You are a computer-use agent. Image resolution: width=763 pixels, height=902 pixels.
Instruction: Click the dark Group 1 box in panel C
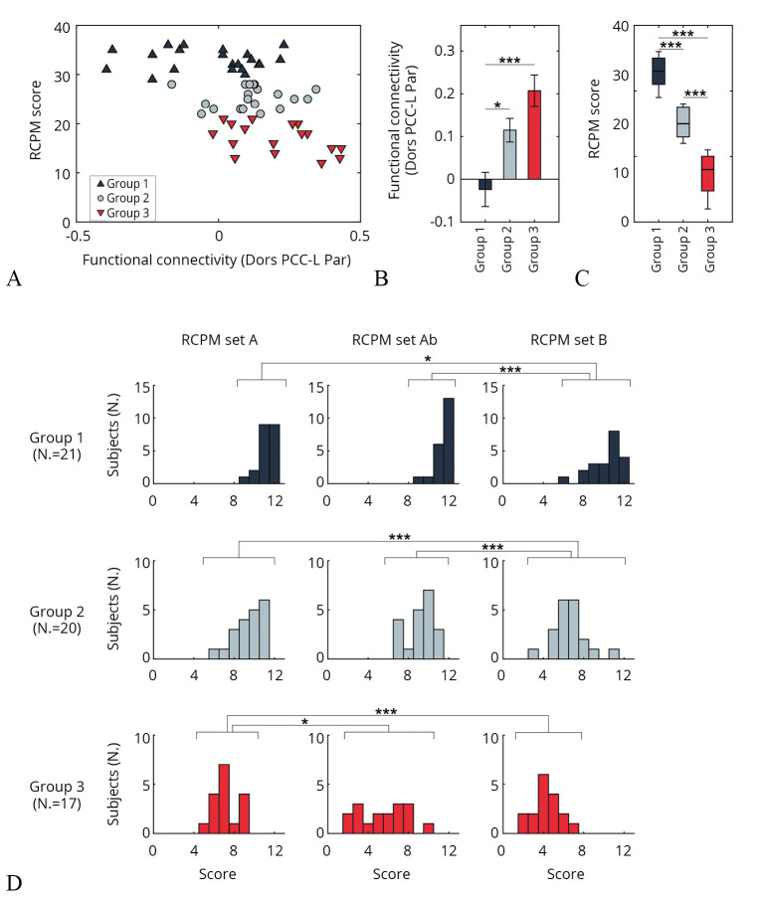click(x=659, y=72)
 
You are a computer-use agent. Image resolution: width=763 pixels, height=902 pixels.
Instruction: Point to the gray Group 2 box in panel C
click(x=682, y=122)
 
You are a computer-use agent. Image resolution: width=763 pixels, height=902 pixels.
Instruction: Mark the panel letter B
click(x=381, y=279)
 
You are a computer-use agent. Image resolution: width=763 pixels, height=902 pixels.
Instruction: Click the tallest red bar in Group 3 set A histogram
click(x=224, y=799)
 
